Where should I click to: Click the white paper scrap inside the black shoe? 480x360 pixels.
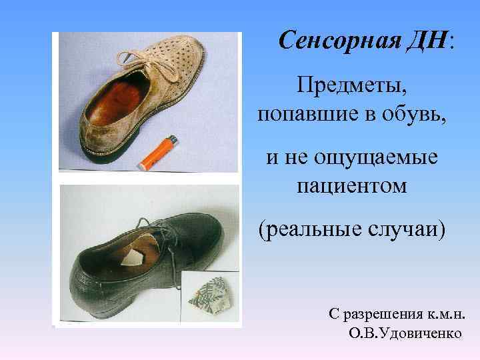pos(135,258)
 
